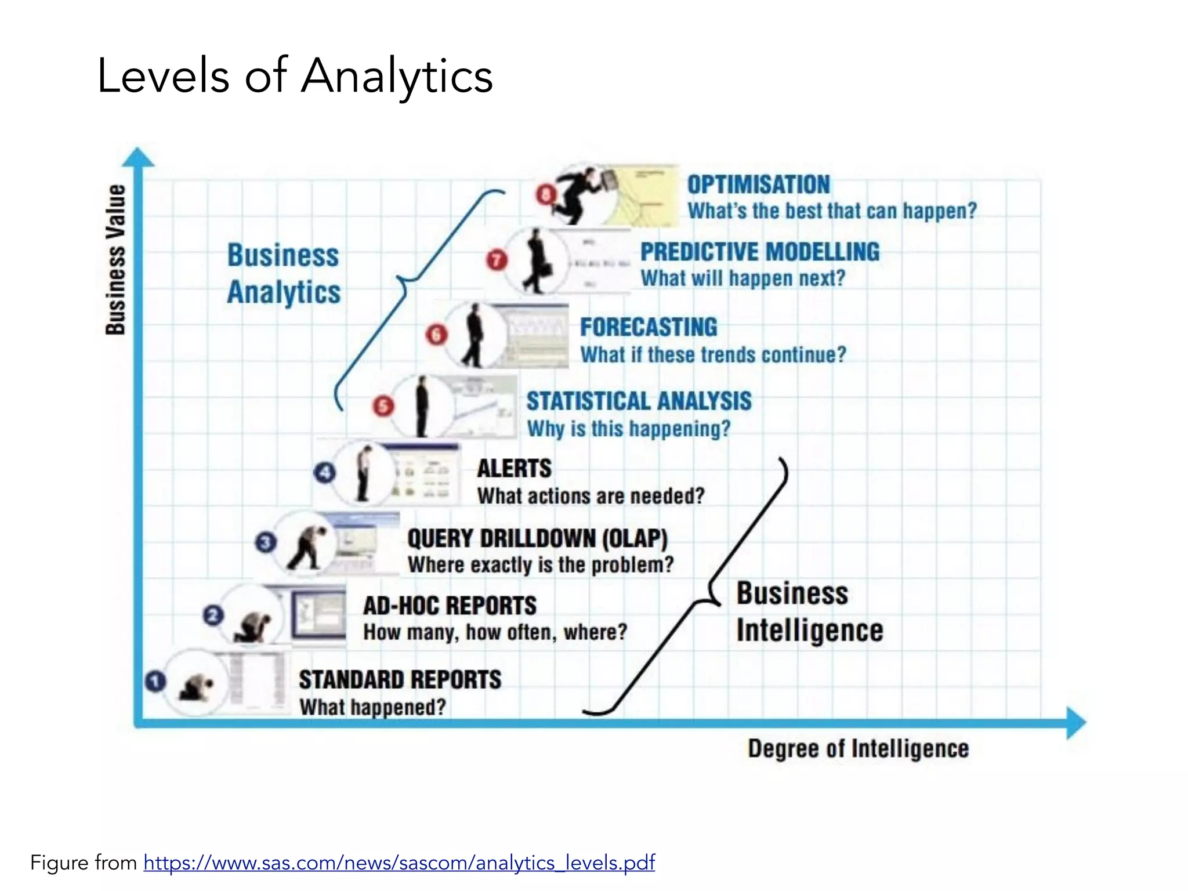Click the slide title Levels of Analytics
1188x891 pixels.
[295, 76]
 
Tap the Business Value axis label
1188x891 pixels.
[115, 259]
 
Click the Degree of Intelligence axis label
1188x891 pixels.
[858, 749]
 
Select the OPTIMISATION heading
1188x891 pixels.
[758, 185]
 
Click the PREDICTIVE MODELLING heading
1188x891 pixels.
[759, 252]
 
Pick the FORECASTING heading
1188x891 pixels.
[649, 327]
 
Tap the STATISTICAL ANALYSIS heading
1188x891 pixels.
[639, 401]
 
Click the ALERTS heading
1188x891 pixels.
[514, 469]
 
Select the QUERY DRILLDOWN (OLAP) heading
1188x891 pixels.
[537, 539]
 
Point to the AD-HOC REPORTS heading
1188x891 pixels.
[450, 606]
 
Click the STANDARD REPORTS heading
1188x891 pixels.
[400, 680]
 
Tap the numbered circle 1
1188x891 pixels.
[155, 681]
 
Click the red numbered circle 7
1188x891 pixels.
[497, 259]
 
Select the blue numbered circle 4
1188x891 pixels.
[324, 473]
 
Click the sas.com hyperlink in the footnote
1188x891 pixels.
[399, 863]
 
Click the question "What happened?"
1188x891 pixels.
[372, 707]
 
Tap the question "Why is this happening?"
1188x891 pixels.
[628, 429]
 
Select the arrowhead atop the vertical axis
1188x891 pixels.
[138, 158]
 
